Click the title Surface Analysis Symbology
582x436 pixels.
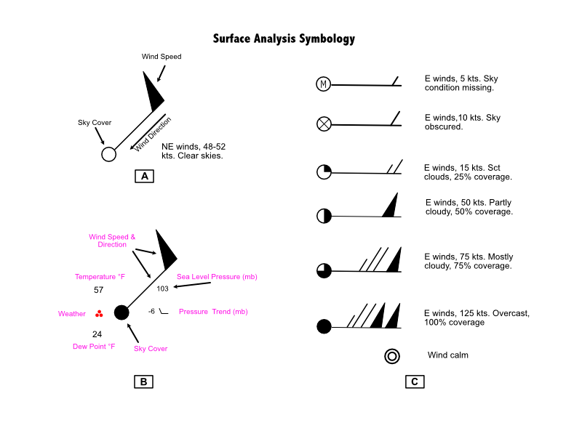click(284, 39)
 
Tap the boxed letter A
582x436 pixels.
click(144, 176)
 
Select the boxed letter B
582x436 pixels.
click(143, 381)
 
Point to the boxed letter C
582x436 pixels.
click(415, 381)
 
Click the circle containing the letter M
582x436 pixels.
click(323, 84)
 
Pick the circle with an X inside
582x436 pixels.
click(324, 124)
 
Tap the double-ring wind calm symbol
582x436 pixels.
click(392, 356)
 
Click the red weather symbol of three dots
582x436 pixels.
click(99, 314)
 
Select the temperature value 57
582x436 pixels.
click(98, 290)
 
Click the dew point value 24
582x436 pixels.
click(97, 334)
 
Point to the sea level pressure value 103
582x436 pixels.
click(162, 288)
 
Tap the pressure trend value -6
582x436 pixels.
click(151, 312)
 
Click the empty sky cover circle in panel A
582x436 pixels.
click(108, 154)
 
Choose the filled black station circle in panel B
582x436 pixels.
click(121, 312)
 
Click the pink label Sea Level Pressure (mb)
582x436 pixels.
click(217, 277)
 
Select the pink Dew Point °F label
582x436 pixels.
click(94, 347)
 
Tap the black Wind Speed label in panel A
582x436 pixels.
click(162, 57)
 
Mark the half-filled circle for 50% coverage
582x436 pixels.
click(324, 216)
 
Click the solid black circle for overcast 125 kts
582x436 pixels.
click(324, 326)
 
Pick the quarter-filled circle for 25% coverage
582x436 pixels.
click(324, 171)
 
